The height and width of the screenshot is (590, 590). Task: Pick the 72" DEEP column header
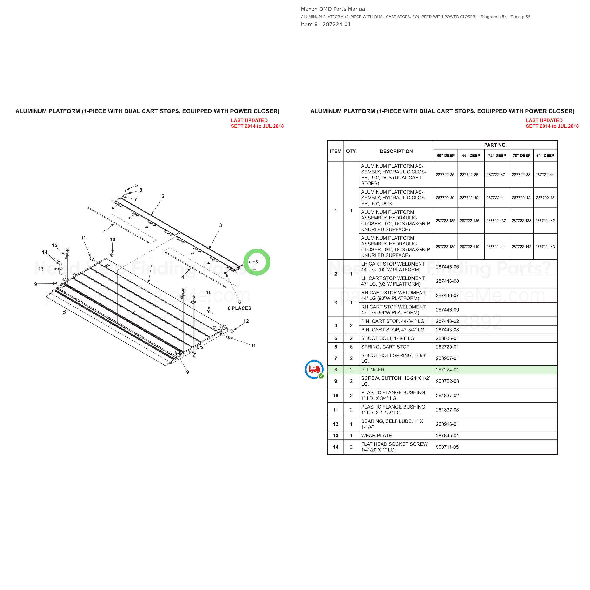point(497,156)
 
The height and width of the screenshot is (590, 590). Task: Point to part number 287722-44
point(544,175)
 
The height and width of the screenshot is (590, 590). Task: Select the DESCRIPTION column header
point(396,151)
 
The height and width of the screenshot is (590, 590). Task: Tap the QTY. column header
point(351,151)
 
